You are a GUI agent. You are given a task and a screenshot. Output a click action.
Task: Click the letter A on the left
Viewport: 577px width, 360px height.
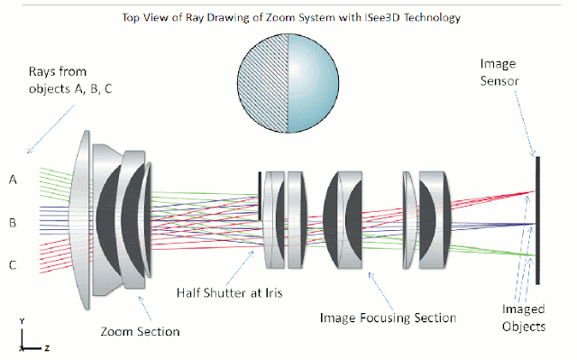(14, 179)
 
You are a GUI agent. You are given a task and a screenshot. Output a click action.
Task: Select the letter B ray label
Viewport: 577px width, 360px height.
(14, 222)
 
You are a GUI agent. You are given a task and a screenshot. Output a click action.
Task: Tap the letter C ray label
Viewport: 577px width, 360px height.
(14, 265)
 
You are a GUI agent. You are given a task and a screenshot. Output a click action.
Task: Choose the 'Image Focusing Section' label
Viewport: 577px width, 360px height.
(389, 318)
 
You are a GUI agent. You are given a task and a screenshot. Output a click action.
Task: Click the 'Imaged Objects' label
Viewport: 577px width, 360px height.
(523, 317)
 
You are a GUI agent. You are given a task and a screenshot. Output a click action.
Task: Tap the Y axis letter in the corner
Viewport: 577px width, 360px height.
(20, 322)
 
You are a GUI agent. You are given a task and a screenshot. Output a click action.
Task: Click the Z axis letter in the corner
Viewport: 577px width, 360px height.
(46, 346)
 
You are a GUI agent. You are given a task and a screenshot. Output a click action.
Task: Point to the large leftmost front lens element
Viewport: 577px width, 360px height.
(84, 217)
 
